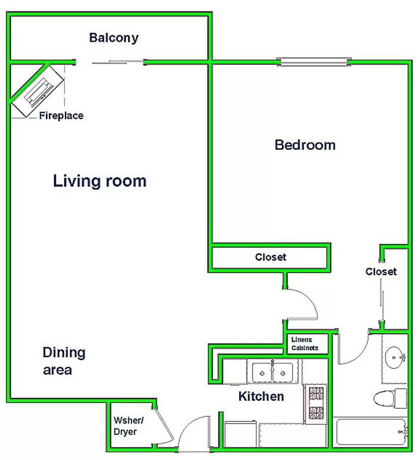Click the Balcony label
pyautogui.click(x=114, y=38)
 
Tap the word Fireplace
pyautogui.click(x=61, y=115)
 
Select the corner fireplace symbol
pyautogui.click(x=38, y=92)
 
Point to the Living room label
pyautogui.click(x=100, y=181)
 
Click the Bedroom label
pyautogui.click(x=305, y=145)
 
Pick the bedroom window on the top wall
pyautogui.click(x=314, y=62)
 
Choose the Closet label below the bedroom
pyautogui.click(x=270, y=257)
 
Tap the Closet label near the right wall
pyautogui.click(x=381, y=271)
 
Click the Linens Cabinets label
pyautogui.click(x=304, y=344)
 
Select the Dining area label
pyautogui.click(x=64, y=361)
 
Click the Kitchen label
pyautogui.click(x=261, y=397)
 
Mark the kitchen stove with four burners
pyautogui.click(x=316, y=404)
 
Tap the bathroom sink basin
pyautogui.click(x=394, y=357)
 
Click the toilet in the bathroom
pyautogui.click(x=390, y=398)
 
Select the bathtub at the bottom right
pyautogui.click(x=371, y=432)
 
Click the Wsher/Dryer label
pyautogui.click(x=128, y=426)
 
